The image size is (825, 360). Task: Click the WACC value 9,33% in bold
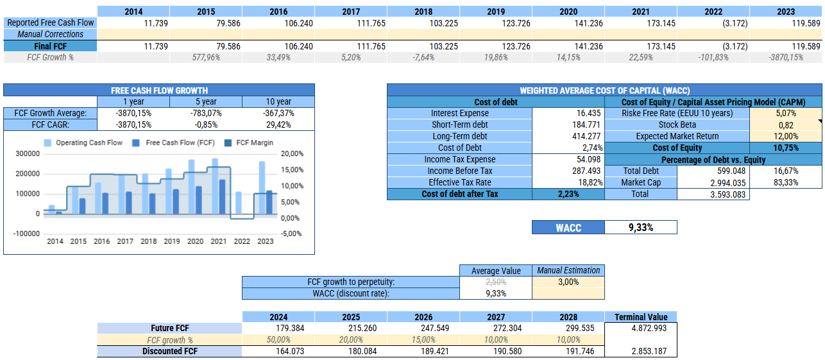(640, 227)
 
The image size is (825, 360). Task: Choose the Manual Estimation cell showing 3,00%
(568, 282)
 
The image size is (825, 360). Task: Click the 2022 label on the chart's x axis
(242, 241)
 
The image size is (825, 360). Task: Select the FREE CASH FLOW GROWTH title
(159, 90)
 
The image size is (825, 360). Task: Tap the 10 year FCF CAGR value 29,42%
(278, 124)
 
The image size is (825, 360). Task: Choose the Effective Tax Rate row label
(460, 182)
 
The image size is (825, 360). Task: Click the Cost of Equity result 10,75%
(786, 148)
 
